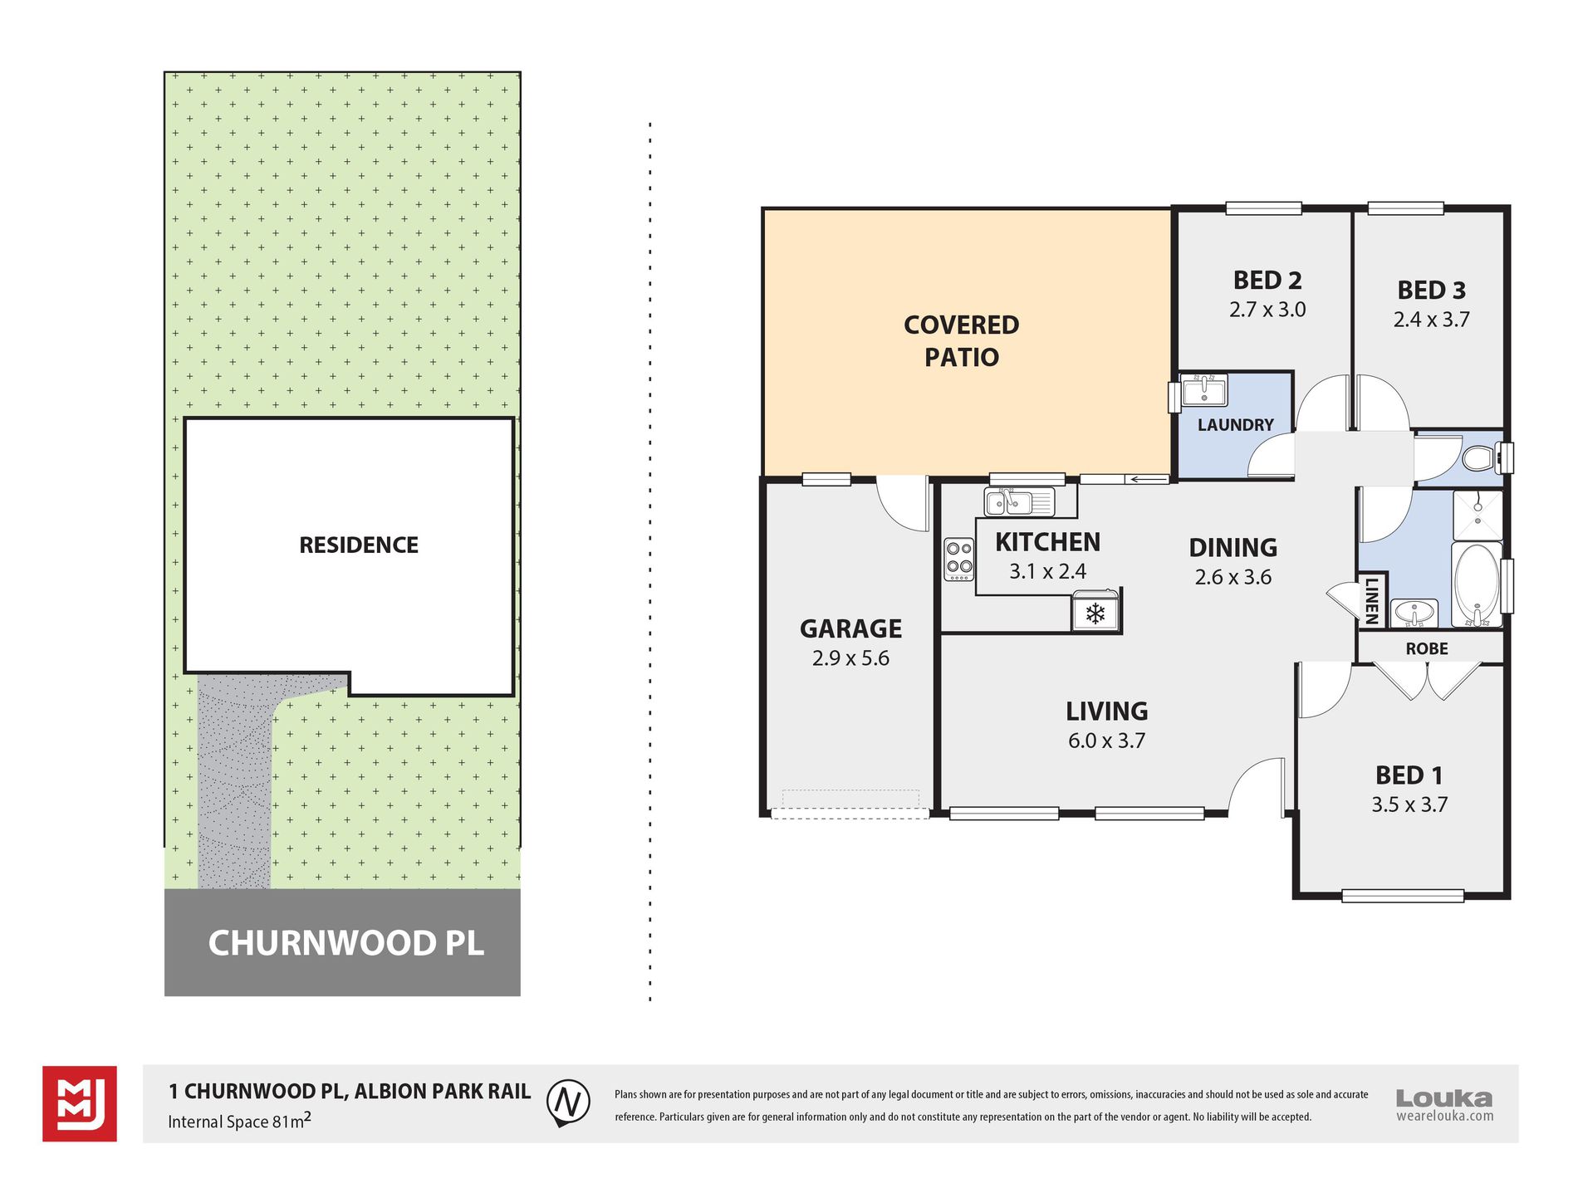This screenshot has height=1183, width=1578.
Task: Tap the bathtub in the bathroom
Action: [1478, 584]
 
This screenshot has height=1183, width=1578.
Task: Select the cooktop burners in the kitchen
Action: [959, 559]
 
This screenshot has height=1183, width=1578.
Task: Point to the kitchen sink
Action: [1019, 502]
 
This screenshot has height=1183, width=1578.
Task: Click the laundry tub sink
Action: [1203, 390]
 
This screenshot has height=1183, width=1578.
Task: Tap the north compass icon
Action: [568, 1103]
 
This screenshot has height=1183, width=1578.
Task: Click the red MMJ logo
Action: [80, 1103]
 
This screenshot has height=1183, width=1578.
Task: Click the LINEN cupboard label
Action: [1371, 599]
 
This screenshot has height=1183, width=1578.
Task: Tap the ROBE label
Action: [1427, 649]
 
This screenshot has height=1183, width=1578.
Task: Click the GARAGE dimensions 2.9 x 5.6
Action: [850, 658]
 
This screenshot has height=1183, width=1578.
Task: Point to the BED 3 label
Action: [1432, 291]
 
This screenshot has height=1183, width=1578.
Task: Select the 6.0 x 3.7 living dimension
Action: [1107, 741]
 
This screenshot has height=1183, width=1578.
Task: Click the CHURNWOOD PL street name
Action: [345, 943]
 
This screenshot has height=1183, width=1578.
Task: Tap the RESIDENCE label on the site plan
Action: [359, 545]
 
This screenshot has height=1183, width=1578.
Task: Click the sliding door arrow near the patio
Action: [1147, 479]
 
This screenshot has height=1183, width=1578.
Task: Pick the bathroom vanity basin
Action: [1414, 613]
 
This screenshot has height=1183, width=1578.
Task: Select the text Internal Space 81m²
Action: [239, 1122]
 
